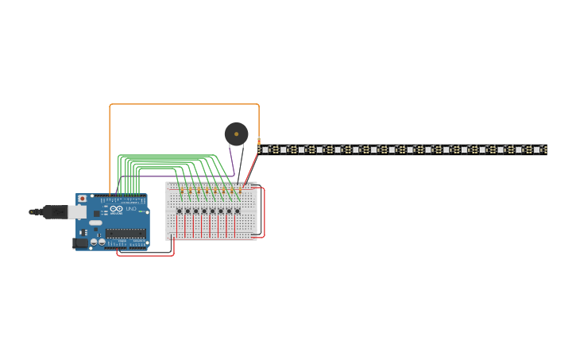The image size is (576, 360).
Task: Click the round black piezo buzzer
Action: tap(236, 134)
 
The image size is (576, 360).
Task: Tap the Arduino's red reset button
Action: tap(81, 199)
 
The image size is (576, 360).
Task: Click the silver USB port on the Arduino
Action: tap(77, 211)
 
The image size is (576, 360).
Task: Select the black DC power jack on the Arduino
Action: tap(80, 243)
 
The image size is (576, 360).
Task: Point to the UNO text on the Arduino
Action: tap(131, 208)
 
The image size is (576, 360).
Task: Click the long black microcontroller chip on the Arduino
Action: tap(126, 233)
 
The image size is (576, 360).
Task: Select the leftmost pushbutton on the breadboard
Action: tap(179, 211)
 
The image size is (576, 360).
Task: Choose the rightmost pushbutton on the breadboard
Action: tap(238, 211)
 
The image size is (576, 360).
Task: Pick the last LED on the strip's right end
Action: tap(537, 149)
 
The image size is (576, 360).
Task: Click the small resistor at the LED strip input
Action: tap(259, 142)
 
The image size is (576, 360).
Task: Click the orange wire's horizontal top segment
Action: tap(183, 104)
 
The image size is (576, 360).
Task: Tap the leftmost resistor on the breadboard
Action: tap(181, 191)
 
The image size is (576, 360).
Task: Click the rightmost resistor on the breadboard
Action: tap(240, 191)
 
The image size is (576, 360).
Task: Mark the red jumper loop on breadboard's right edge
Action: tap(264, 212)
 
